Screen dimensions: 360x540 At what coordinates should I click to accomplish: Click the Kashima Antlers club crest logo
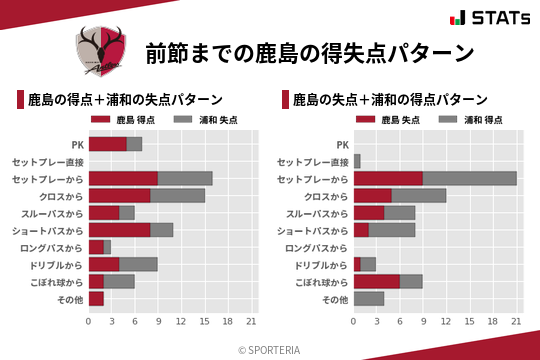coord(101,50)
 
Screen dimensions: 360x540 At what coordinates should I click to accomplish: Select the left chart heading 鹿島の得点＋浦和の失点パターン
coord(124,100)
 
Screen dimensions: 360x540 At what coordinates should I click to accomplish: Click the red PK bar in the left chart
coord(107,144)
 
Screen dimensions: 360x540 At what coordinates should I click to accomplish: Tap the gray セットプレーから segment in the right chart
coord(470,178)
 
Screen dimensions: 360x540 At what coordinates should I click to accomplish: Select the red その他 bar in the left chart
coord(96,298)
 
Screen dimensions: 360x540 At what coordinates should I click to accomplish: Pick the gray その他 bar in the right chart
coord(369,298)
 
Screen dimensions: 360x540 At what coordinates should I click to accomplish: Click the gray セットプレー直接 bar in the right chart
coord(357,161)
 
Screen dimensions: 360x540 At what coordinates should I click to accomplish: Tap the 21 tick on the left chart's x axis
coord(251,321)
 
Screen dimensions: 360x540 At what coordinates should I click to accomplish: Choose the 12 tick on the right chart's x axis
coord(446,321)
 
